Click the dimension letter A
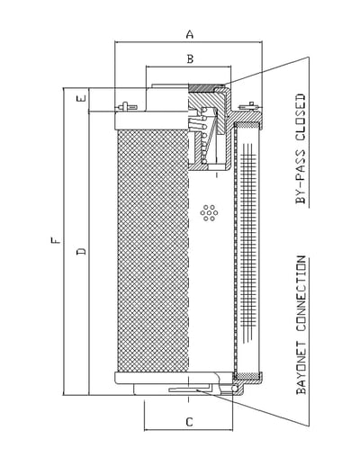click(x=190, y=34)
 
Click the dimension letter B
click(x=190, y=58)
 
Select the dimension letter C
click(x=189, y=422)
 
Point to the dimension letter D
click(x=81, y=251)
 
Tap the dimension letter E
click(x=82, y=98)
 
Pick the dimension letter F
click(x=55, y=240)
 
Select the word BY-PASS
click(x=301, y=177)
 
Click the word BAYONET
click(x=301, y=367)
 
